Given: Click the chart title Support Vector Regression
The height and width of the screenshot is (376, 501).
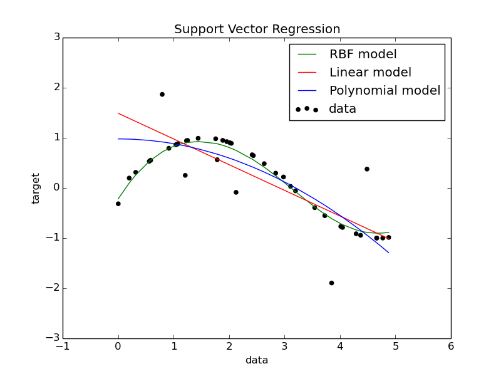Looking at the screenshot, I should tap(257, 29).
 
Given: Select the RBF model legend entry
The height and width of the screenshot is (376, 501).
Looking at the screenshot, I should tap(363, 55).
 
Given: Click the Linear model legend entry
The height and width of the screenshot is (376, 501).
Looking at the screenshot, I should tap(369, 73).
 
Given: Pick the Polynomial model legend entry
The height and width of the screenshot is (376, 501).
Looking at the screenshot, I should tap(385, 90).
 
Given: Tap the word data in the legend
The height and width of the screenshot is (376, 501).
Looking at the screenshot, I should tap(343, 109).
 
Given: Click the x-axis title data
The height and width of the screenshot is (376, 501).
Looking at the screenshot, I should tap(257, 360).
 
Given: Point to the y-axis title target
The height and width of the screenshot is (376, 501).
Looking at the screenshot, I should tap(36, 188).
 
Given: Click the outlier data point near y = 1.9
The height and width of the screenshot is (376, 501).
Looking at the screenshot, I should tap(162, 95).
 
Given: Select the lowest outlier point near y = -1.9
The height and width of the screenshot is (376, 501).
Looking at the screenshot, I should tap(331, 283).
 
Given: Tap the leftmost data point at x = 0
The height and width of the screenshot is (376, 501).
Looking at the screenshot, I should tap(118, 204).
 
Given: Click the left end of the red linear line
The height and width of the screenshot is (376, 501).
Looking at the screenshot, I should tap(118, 113).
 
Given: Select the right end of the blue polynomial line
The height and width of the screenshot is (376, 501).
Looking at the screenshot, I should tap(389, 253).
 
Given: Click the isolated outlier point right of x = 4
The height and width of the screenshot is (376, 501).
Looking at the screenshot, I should tap(367, 169).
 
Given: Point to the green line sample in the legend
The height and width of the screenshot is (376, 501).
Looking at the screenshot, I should tap(307, 55).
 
